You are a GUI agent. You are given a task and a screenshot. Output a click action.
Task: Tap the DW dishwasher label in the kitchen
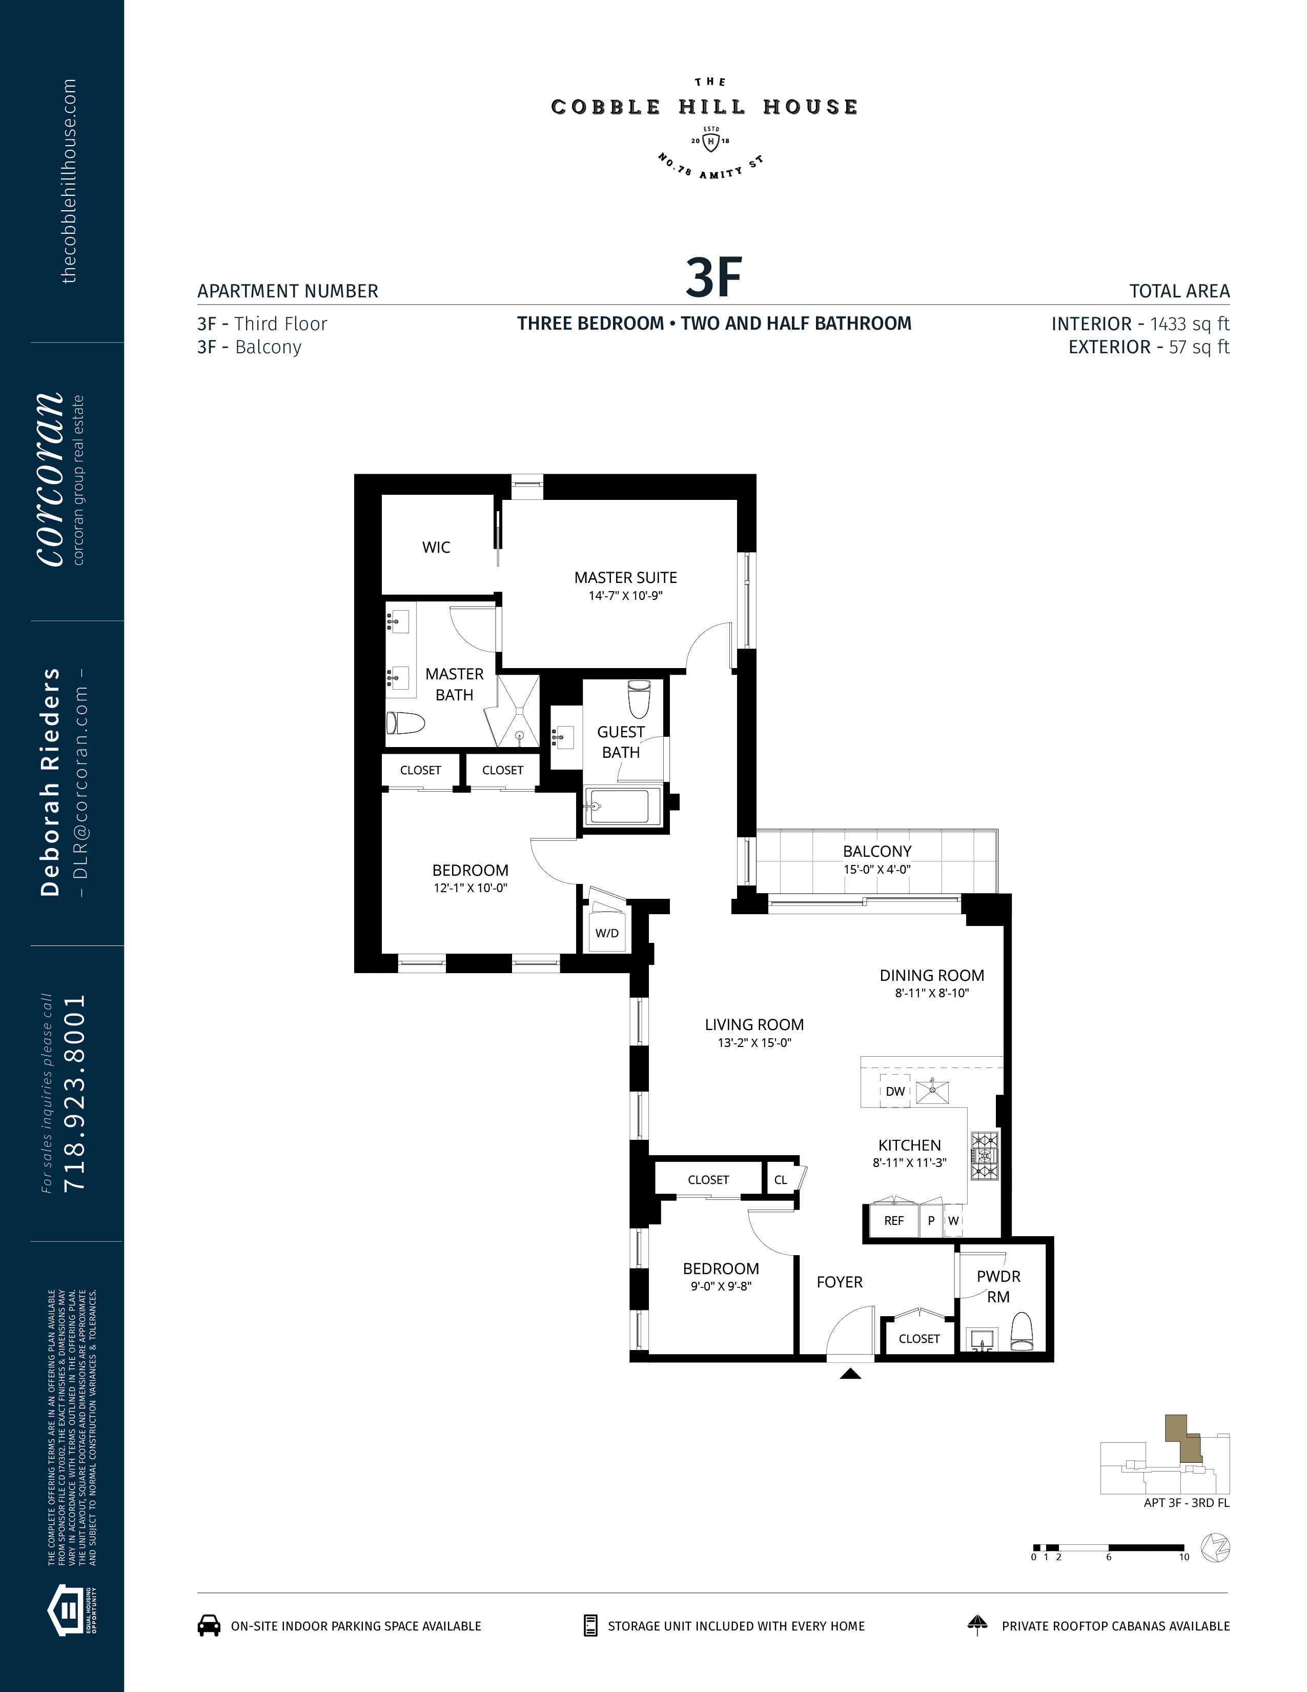[x=895, y=1091]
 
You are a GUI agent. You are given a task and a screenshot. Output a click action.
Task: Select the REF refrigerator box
[x=893, y=1220]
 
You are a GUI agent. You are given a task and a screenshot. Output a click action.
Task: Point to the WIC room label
[x=436, y=547]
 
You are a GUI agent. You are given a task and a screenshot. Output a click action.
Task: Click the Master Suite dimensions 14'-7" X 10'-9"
[x=626, y=596]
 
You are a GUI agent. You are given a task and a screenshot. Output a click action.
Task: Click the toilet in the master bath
[x=406, y=723]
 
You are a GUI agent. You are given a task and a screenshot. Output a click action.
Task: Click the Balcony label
[x=876, y=851]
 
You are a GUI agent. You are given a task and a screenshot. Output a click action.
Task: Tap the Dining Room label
[x=931, y=975]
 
